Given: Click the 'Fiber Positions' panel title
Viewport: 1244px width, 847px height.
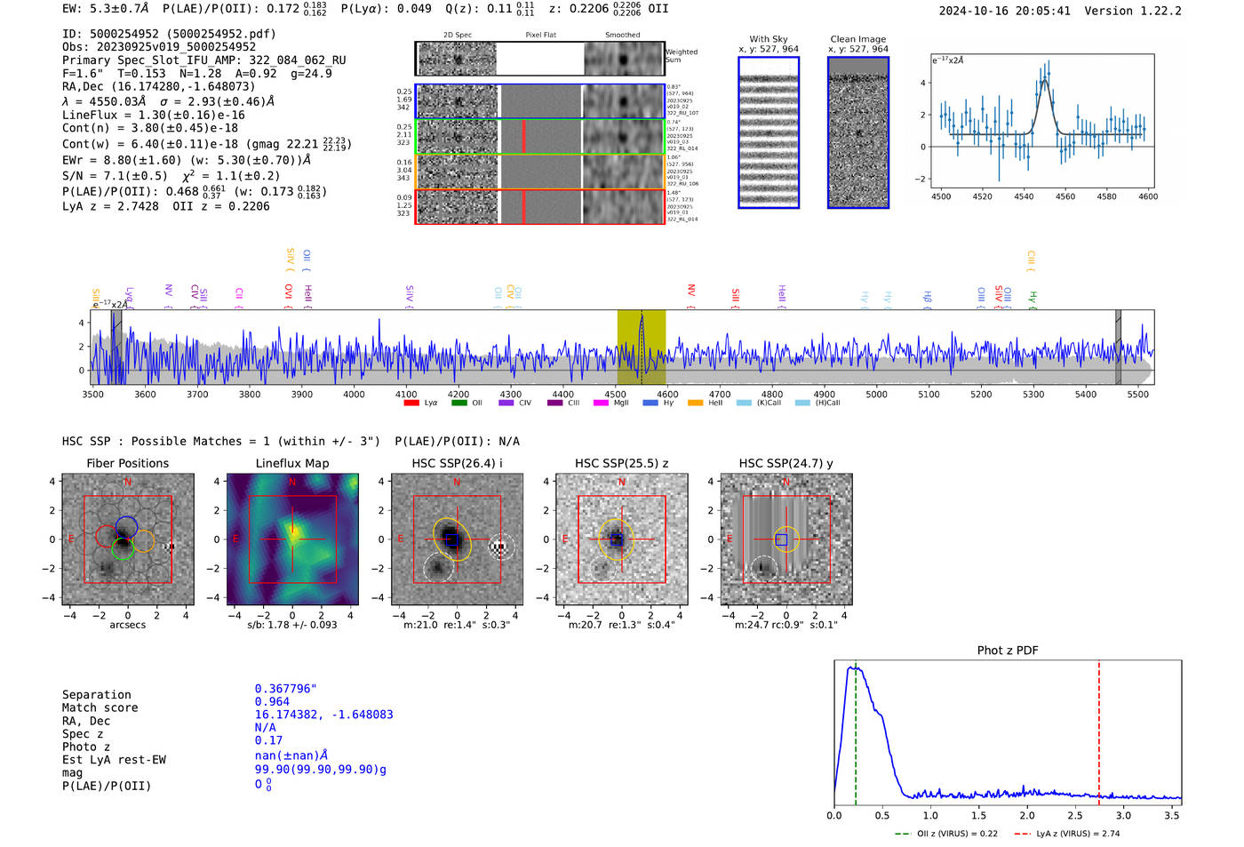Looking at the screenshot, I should click(x=127, y=463).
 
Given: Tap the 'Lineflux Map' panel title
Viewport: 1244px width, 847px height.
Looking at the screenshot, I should click(x=291, y=463).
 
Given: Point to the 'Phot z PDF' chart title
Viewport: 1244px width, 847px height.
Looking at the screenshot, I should click(x=1007, y=650).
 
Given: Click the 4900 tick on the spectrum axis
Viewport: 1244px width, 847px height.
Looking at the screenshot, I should click(x=824, y=395).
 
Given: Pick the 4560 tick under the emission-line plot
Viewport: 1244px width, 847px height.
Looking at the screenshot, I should click(x=1065, y=196).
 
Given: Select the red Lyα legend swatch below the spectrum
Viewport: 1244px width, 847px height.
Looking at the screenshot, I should click(x=411, y=403).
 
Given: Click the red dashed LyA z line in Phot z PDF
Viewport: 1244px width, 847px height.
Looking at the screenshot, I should click(x=1098, y=729).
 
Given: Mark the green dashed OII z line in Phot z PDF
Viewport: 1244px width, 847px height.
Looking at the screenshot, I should click(x=855, y=729).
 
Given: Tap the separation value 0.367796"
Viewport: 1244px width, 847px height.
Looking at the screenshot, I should click(x=285, y=689).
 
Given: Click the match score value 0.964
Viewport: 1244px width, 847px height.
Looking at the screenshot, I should click(x=272, y=701).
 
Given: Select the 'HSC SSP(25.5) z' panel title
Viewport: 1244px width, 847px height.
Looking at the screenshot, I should click(x=621, y=463).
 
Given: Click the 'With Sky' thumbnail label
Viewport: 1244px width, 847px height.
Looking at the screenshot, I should click(x=768, y=39).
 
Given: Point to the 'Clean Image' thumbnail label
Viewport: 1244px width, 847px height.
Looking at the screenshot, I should click(x=857, y=39).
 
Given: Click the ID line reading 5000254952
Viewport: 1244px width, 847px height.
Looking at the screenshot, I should click(x=169, y=34).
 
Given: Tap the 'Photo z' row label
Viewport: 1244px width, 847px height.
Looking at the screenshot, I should click(x=86, y=747).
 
